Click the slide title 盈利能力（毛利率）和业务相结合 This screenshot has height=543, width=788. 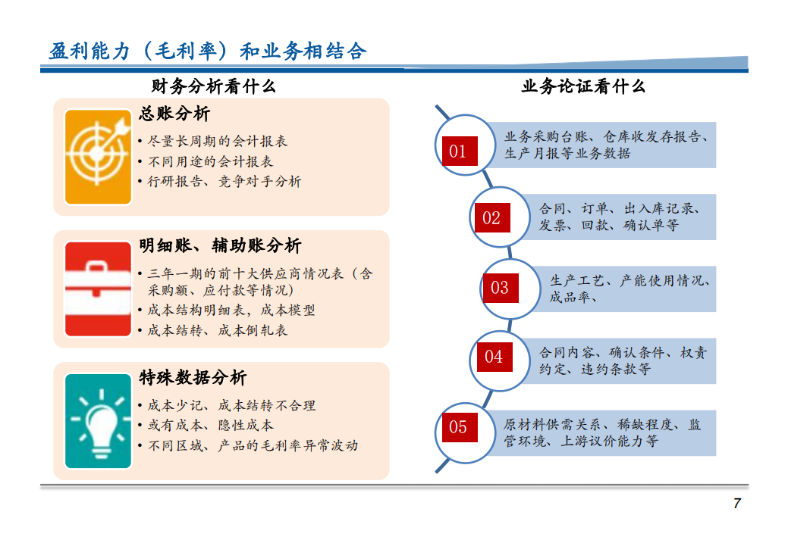(208, 51)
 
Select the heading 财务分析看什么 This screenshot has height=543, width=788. (214, 86)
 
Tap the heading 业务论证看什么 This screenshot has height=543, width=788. (583, 86)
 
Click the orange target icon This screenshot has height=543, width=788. (98, 157)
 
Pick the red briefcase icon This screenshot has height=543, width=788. (98, 289)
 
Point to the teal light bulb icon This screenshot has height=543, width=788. (98, 420)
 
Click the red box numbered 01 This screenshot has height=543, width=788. (460, 151)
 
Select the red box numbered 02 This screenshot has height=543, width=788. (492, 218)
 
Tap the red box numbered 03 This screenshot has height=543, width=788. (501, 288)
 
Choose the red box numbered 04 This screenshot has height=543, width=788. (494, 357)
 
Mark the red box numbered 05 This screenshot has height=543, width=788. (460, 427)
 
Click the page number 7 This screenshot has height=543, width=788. (736, 504)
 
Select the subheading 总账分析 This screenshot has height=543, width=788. (174, 114)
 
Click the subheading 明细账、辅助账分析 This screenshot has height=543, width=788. (220, 246)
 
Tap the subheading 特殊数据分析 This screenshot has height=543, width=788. (193, 378)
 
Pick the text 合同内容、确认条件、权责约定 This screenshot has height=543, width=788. (623, 360)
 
